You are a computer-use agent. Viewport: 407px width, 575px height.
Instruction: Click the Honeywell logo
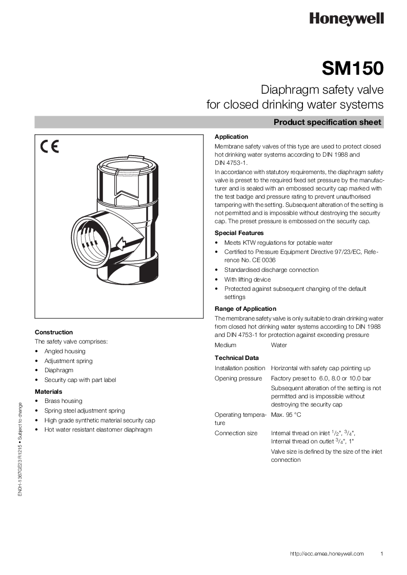pyautogui.click(x=346, y=19)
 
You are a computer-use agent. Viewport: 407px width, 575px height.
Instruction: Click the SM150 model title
pyautogui.click(x=353, y=69)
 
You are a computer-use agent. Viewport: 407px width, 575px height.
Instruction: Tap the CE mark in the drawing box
pyautogui.click(x=50, y=147)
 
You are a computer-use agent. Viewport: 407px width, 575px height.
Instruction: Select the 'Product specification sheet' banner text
pyautogui.click(x=327, y=122)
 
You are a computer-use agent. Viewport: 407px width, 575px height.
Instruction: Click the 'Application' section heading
pyautogui.click(x=231, y=137)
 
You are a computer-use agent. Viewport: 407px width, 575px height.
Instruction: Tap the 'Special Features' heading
pyautogui.click(x=239, y=233)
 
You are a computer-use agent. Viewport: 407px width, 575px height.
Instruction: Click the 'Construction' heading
pyautogui.click(x=54, y=332)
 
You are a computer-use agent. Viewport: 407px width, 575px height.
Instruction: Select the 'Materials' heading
pyautogui.click(x=49, y=392)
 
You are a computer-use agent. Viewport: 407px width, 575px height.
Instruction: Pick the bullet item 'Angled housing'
pyautogui.click(x=65, y=351)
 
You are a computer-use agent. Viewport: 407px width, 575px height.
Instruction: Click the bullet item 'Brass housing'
pyautogui.click(x=63, y=401)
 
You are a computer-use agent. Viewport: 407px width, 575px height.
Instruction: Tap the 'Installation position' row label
pyautogui.click(x=240, y=368)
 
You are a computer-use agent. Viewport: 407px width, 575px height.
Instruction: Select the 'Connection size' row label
pyautogui.click(x=236, y=433)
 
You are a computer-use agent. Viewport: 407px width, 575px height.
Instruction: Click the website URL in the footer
pyautogui.click(x=327, y=553)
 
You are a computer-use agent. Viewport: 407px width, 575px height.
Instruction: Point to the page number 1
pyautogui.click(x=382, y=553)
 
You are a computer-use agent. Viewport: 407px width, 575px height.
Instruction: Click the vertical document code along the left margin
pyautogui.click(x=20, y=450)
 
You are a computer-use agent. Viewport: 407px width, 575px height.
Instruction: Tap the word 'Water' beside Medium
pyautogui.click(x=279, y=345)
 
